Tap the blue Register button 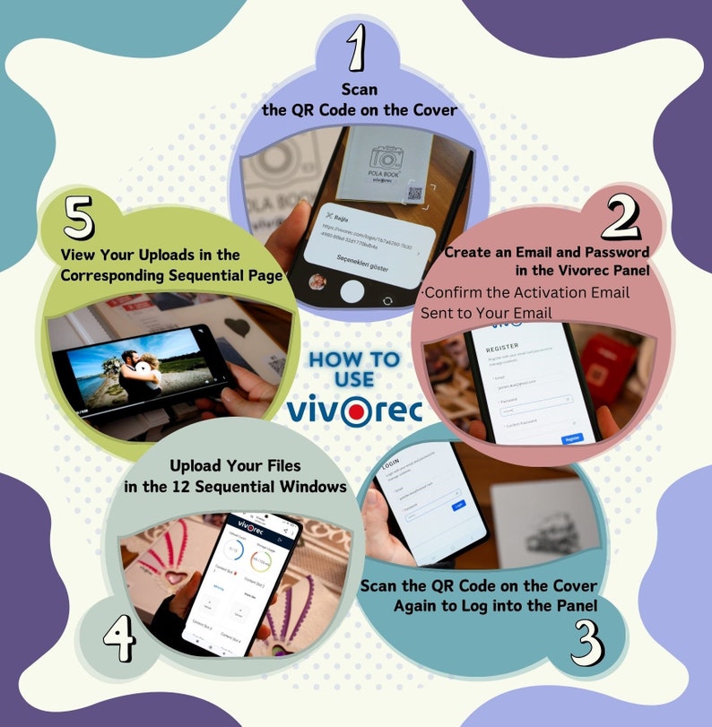click(x=571, y=437)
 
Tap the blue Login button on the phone click(x=458, y=505)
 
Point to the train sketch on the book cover click(x=538, y=529)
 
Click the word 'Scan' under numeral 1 click(x=359, y=90)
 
